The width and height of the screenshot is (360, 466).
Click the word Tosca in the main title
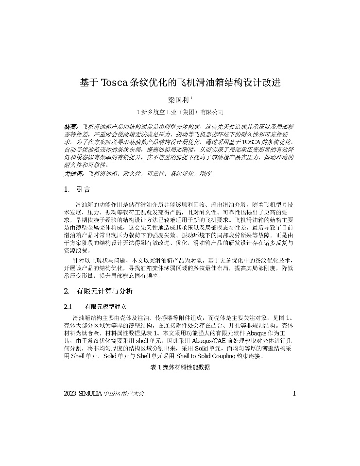[114, 82]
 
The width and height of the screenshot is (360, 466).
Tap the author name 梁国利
[178, 100]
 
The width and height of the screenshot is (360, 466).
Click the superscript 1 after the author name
[192, 98]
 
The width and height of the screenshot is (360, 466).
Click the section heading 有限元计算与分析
[104, 291]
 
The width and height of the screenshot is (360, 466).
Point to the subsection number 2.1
[68, 307]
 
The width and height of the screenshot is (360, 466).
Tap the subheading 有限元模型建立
[105, 307]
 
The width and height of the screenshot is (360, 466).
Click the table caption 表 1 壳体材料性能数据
[180, 367]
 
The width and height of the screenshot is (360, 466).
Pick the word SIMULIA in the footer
[91, 393]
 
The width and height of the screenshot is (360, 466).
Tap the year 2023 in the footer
[70, 393]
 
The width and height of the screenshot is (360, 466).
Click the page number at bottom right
[294, 393]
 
